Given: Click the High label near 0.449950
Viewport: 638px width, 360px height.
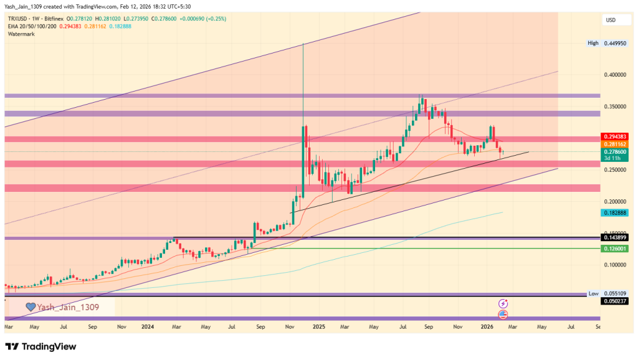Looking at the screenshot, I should point(593,43).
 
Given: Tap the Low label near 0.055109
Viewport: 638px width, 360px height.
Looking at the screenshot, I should point(593,293).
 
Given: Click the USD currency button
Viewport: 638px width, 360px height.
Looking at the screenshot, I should point(611,21).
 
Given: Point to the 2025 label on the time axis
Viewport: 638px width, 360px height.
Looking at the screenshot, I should point(319,326).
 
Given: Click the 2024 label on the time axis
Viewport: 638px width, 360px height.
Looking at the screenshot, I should point(148,326).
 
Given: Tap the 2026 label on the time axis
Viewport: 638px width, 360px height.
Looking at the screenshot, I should point(487,326).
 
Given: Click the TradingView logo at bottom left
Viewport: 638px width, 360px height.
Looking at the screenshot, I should point(40,346).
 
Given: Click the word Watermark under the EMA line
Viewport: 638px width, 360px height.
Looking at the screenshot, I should point(21,34).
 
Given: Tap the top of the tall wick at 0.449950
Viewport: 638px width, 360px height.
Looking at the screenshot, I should point(303,44).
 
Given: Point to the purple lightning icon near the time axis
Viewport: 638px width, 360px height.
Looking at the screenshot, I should point(503,303).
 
